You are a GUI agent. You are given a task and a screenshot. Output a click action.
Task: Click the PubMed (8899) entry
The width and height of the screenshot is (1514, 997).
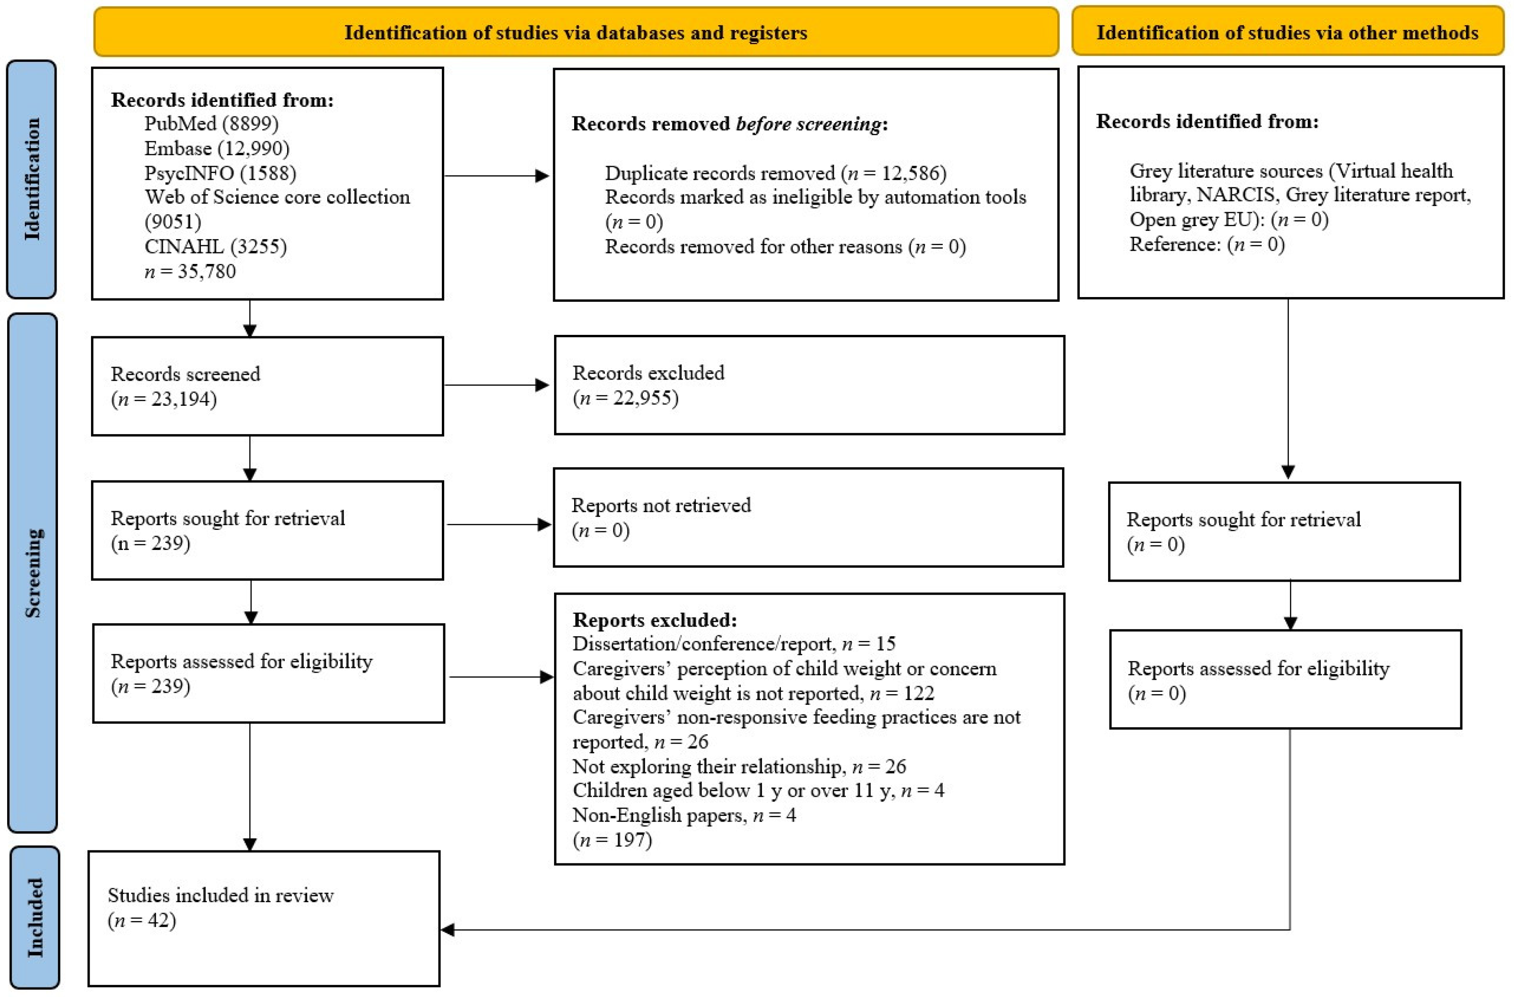(x=211, y=123)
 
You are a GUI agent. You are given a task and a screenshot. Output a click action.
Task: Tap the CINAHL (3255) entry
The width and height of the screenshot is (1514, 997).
(x=215, y=246)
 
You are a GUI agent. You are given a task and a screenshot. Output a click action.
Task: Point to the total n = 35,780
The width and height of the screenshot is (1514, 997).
(x=190, y=272)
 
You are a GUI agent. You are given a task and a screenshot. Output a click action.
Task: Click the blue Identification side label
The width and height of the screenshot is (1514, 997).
(x=31, y=179)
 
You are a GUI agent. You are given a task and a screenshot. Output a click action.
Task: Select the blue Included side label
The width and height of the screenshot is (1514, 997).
(x=35, y=917)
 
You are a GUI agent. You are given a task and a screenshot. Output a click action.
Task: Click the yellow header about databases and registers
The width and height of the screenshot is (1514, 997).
(x=576, y=33)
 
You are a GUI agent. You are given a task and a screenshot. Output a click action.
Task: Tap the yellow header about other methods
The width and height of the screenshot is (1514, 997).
(x=1287, y=33)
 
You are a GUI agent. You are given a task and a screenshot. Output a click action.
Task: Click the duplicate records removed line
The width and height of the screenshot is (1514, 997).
(x=775, y=173)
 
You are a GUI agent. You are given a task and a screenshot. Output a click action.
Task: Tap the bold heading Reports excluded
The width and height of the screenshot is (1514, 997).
(x=655, y=620)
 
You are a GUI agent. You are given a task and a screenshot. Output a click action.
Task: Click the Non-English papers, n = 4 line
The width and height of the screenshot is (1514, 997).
(x=684, y=815)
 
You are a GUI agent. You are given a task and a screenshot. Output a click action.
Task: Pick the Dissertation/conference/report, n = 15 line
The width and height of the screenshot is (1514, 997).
(x=733, y=643)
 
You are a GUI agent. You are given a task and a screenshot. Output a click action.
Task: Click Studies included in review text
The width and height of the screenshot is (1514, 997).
(x=220, y=895)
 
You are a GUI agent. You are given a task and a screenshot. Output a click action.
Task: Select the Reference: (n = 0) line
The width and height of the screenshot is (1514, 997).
(x=1207, y=245)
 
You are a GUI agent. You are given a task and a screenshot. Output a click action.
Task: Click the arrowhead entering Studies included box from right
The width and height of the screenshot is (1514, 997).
(x=448, y=929)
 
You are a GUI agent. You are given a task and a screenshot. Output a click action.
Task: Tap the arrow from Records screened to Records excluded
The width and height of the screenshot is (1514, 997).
(x=496, y=385)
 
